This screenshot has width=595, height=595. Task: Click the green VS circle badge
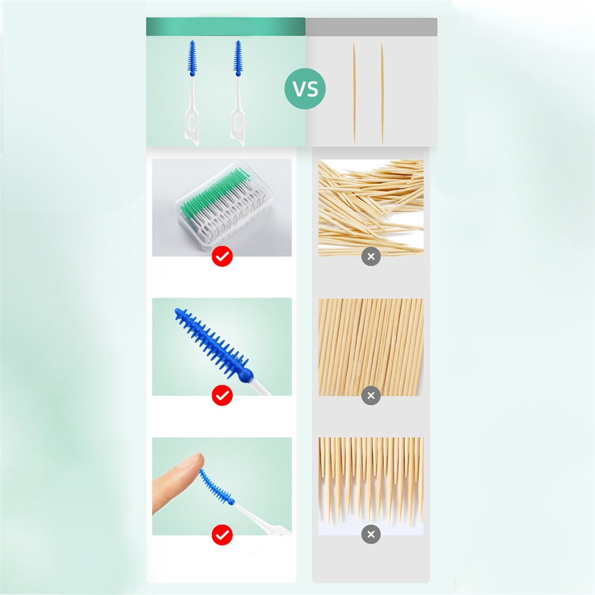click(305, 89)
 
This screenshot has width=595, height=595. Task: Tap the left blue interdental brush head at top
click(192, 58)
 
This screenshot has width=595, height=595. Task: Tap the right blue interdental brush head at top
click(238, 58)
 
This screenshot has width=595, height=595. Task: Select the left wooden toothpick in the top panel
click(354, 93)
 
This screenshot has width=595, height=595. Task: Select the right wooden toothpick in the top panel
click(382, 93)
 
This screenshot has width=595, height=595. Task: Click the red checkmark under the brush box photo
click(222, 256)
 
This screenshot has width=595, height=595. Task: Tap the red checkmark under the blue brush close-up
click(222, 396)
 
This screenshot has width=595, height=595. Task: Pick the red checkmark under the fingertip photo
click(222, 535)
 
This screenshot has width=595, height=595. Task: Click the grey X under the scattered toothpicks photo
click(371, 256)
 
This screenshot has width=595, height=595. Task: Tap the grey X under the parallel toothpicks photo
click(371, 396)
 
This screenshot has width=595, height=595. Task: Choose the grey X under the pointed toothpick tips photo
click(371, 534)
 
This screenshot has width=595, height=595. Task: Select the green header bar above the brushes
click(226, 27)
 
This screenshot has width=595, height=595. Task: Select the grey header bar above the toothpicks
click(371, 27)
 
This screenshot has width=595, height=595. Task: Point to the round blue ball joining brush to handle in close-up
click(247, 375)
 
